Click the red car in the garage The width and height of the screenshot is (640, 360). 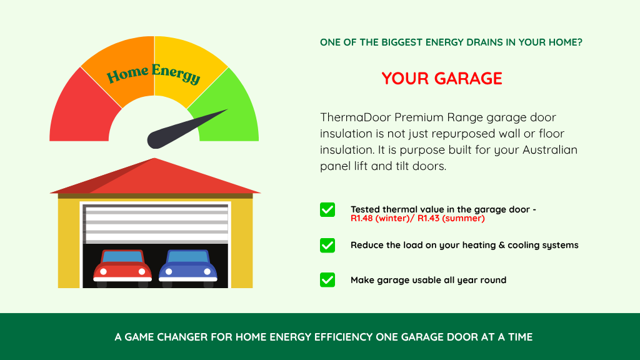[x=122, y=267]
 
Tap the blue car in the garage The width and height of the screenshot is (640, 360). [x=187, y=267]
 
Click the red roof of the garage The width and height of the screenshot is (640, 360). [x=155, y=177]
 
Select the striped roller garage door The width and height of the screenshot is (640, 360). [x=155, y=224]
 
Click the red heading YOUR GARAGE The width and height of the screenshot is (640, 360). [x=442, y=78]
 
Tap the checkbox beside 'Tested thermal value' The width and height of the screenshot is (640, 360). [x=327, y=210]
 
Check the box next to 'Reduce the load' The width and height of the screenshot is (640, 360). [x=327, y=245]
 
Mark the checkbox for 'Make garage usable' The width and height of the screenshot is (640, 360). [x=327, y=280]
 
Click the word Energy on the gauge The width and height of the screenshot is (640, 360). [x=176, y=74]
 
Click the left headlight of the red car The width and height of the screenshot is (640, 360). [x=104, y=271]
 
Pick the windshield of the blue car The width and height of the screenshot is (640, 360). [x=187, y=257]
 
